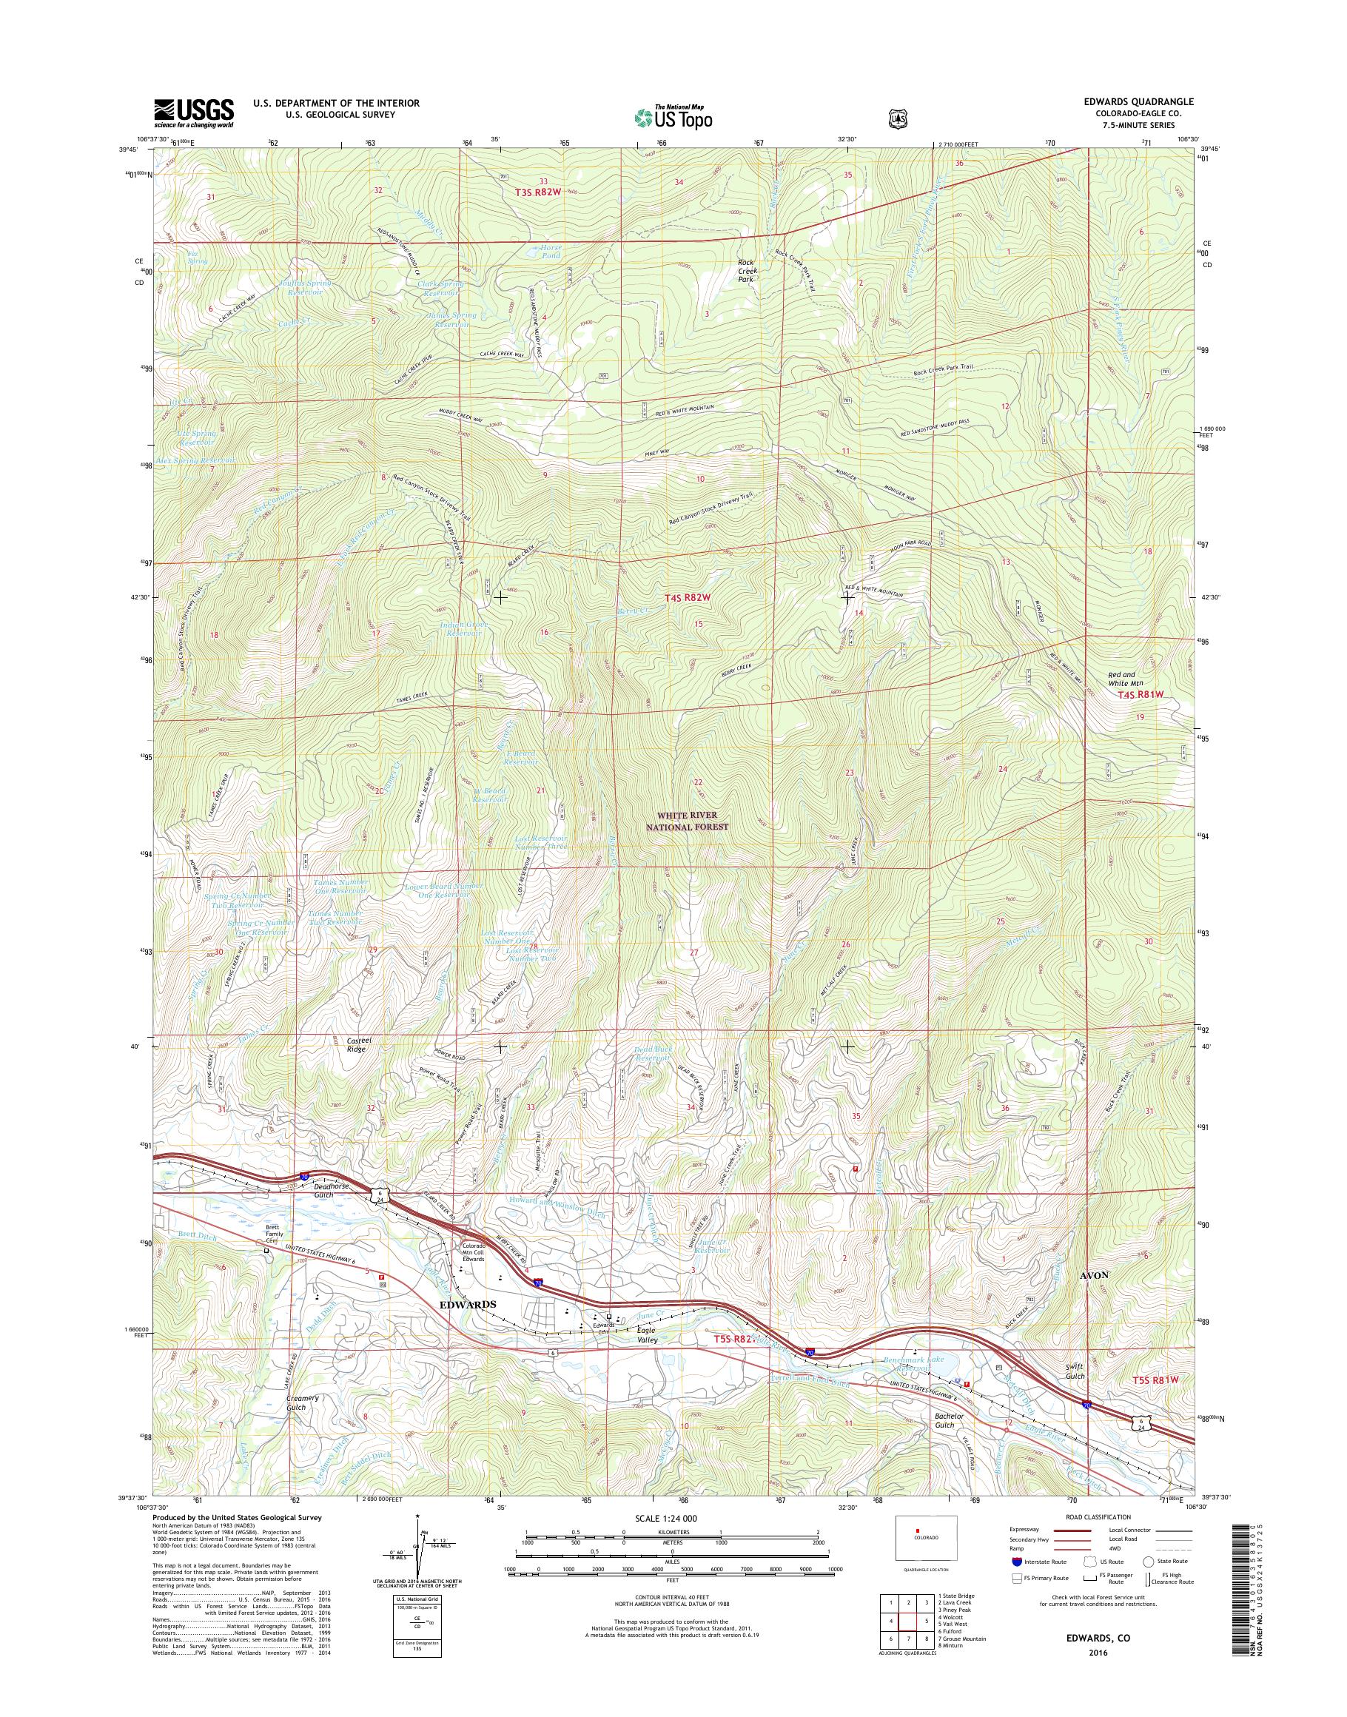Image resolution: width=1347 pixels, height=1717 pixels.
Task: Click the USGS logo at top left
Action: tap(194, 112)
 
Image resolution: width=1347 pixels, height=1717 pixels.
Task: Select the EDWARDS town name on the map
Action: tap(468, 1304)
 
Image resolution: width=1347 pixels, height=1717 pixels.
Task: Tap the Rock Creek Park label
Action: tap(747, 271)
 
